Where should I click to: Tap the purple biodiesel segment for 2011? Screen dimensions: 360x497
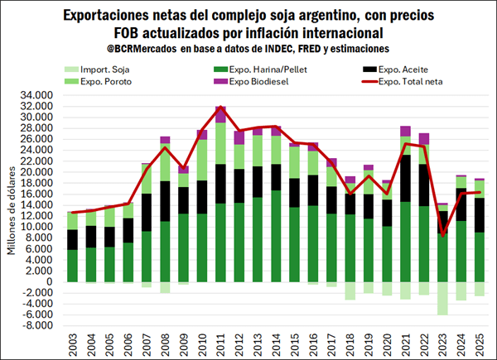point(221,113)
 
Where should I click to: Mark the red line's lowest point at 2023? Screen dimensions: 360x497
point(442,236)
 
